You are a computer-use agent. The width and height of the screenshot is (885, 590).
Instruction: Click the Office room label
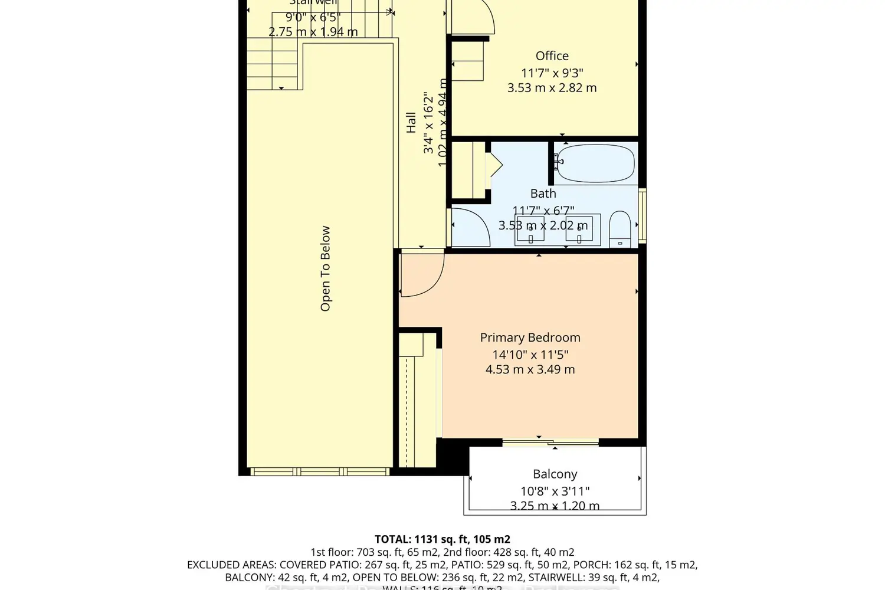tap(552, 56)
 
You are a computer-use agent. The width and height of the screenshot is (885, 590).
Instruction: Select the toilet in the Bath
tap(619, 229)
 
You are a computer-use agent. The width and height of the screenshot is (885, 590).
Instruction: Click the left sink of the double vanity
tap(530, 230)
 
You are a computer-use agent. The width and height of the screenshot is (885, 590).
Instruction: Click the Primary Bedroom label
tap(530, 337)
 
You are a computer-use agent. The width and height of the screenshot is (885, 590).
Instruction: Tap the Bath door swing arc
tap(472, 227)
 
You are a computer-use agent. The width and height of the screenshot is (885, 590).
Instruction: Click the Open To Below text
tap(325, 268)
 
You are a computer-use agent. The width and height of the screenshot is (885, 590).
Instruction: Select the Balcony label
tap(555, 474)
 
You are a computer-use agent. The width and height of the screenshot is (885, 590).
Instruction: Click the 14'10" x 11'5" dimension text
tap(530, 355)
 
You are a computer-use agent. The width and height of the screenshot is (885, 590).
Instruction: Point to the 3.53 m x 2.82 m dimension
tap(552, 88)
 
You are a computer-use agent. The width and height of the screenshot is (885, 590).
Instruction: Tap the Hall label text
tap(411, 123)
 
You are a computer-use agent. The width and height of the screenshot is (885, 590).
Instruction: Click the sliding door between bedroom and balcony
tap(550, 441)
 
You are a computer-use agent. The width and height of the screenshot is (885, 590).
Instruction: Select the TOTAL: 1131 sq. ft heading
tap(442, 539)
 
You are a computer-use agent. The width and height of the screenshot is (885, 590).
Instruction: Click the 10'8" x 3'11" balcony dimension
tap(555, 491)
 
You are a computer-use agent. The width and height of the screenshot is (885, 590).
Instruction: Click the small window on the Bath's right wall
tap(643, 215)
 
